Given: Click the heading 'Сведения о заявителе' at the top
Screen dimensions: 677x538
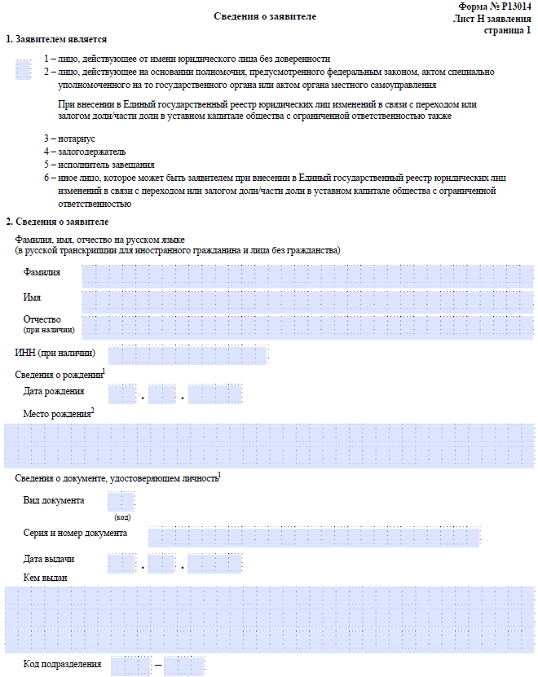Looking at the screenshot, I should tap(265, 16).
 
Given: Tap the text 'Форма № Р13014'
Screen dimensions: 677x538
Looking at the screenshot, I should tap(495, 6).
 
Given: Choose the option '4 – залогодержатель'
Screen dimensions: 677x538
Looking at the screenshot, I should tap(85, 152).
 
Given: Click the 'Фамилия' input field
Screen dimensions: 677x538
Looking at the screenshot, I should tap(307, 276).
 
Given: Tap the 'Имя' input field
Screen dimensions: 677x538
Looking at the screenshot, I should tap(307, 302).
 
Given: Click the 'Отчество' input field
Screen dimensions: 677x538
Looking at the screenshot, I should tap(307, 327).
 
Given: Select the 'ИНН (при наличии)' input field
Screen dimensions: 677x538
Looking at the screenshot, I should tap(187, 354).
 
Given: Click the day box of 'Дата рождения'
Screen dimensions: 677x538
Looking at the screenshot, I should tap(121, 394).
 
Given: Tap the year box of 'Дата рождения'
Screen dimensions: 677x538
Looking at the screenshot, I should tap(215, 394).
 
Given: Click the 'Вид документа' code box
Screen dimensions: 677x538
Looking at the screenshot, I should tap(121, 502).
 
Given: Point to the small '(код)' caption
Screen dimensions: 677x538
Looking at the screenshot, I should tap(121, 517).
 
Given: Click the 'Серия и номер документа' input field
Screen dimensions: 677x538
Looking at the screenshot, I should tap(314, 536).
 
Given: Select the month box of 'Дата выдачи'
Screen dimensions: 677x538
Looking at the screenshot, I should tap(161, 563).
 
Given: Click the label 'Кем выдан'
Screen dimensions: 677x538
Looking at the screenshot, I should tap(46, 578).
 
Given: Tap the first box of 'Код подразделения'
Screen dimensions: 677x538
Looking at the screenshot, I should tap(130, 666).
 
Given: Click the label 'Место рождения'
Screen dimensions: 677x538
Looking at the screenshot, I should tap(57, 414).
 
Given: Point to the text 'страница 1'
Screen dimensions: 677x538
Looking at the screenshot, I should tap(506, 30).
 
